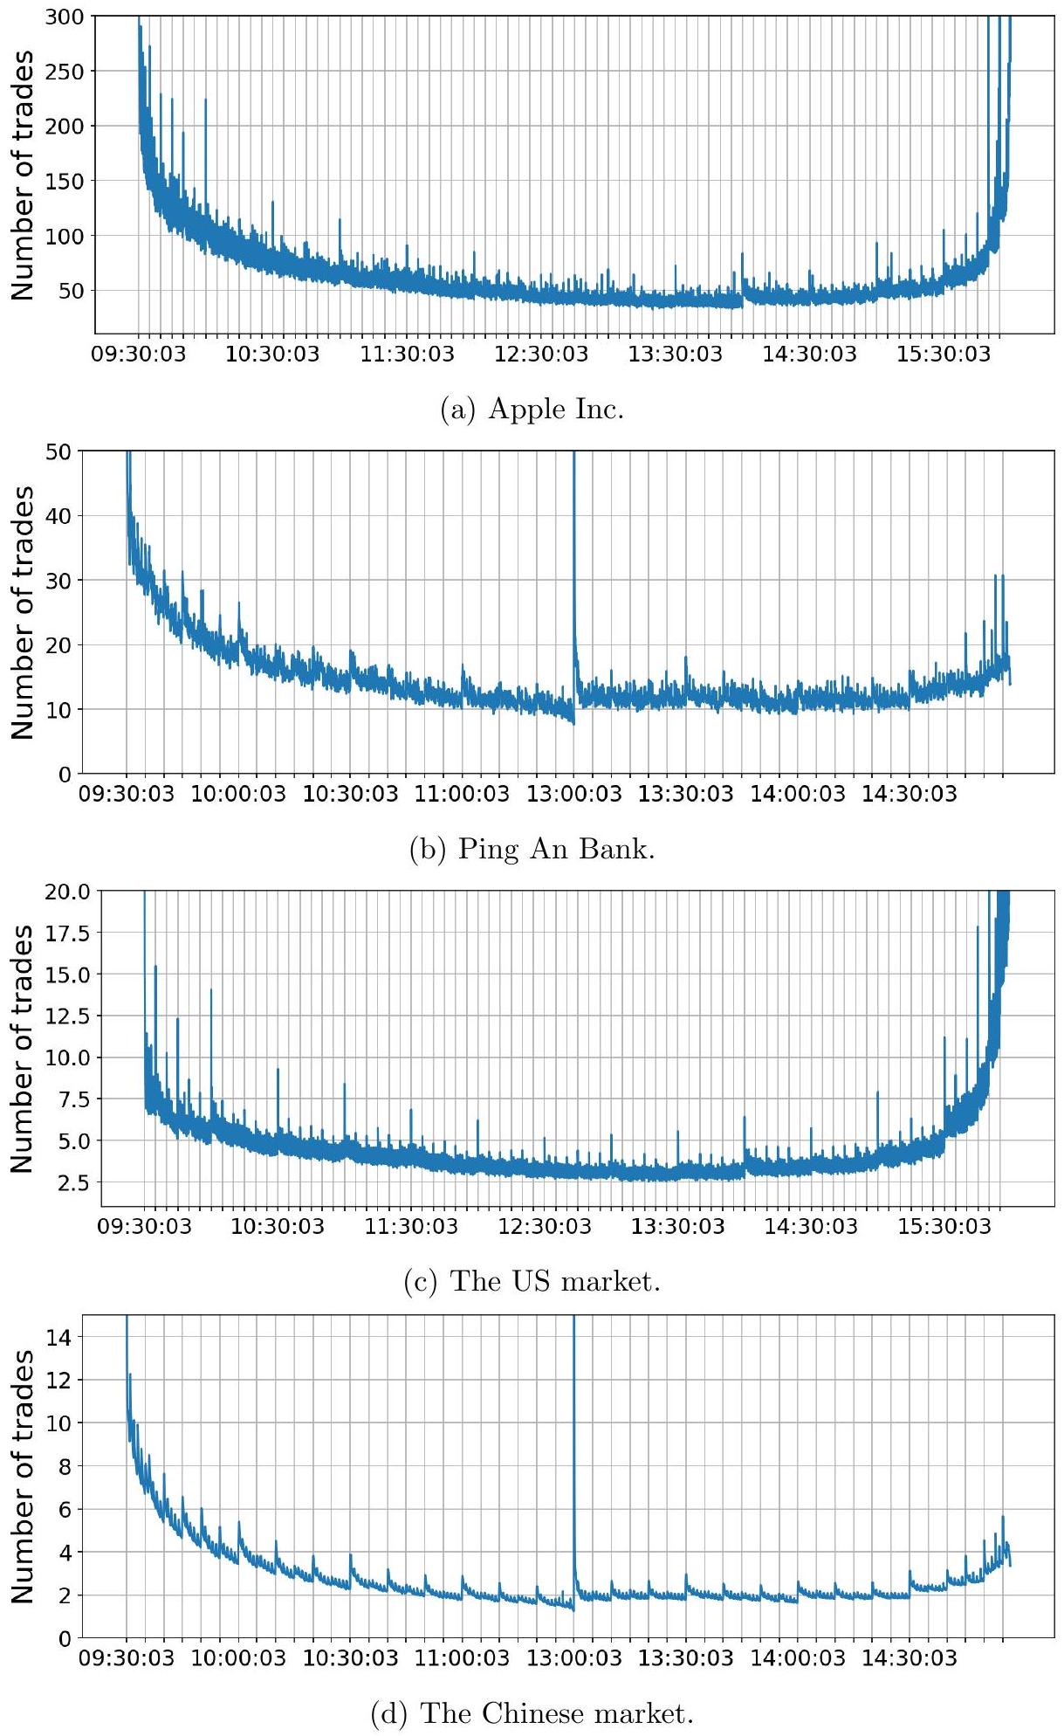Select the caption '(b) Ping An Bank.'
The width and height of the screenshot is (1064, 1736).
click(532, 849)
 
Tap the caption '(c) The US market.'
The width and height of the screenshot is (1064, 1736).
click(532, 1281)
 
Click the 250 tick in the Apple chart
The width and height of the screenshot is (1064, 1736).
click(66, 72)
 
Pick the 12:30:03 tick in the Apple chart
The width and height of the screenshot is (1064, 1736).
click(542, 355)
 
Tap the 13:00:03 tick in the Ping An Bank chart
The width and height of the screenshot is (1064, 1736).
click(574, 794)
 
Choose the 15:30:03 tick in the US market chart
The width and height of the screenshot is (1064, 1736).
click(945, 1227)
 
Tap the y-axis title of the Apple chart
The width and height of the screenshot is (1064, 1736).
click(24, 175)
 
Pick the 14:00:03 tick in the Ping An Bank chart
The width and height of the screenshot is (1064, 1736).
click(798, 794)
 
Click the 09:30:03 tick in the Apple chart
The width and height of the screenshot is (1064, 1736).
click(140, 355)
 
